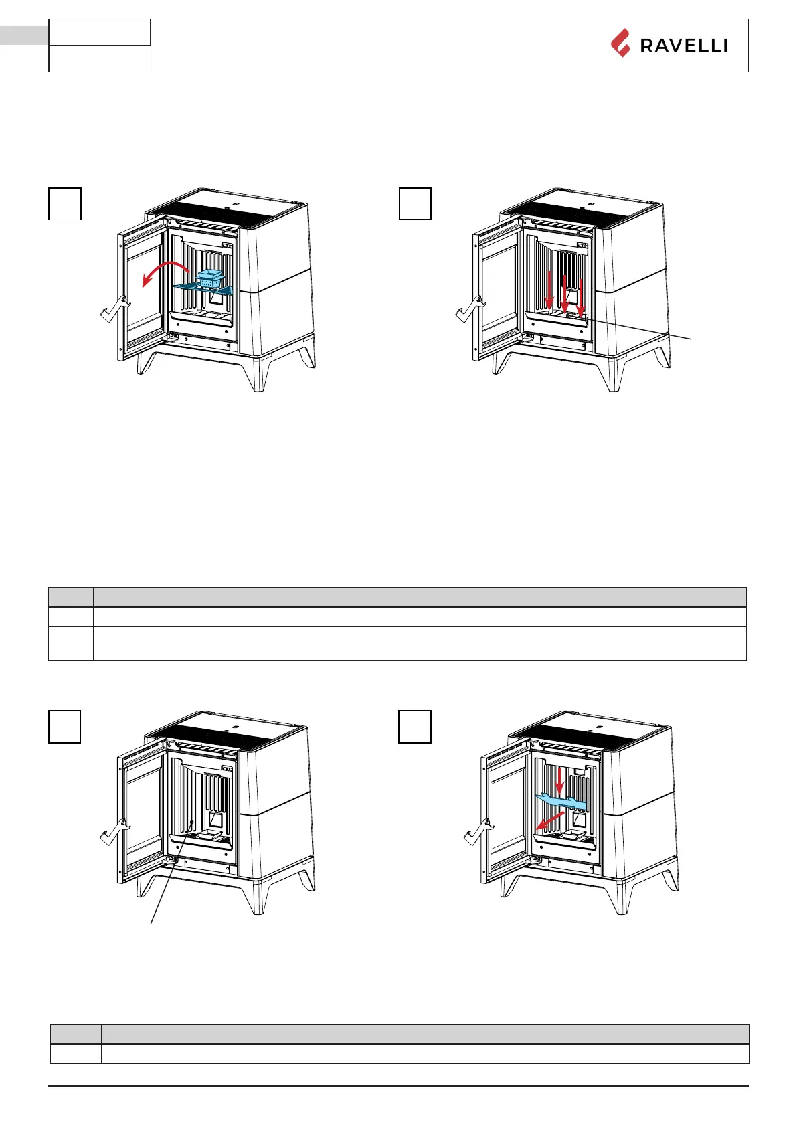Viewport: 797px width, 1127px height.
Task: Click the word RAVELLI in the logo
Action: coord(683,46)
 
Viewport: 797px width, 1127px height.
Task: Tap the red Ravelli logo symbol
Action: coord(620,43)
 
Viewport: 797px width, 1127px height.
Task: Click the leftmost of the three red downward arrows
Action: coord(549,291)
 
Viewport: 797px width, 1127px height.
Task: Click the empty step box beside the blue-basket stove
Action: coord(65,204)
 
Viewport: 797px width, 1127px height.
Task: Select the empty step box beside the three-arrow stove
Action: coord(415,204)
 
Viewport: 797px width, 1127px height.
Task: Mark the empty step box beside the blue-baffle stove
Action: coord(415,727)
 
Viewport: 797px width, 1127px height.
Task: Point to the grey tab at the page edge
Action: coord(24,35)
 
